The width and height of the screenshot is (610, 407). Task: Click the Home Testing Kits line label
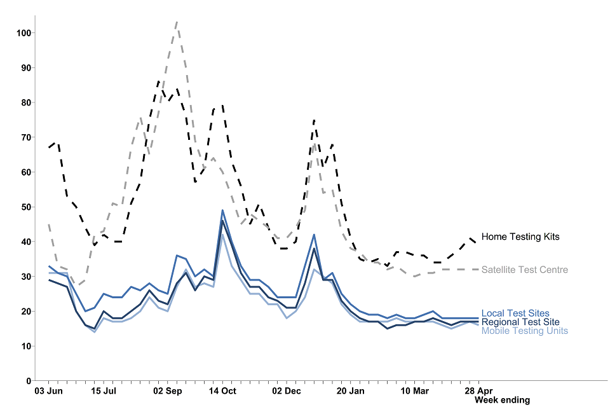click(520, 237)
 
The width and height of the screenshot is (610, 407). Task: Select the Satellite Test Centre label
click(525, 270)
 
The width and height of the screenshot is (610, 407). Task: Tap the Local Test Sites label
click(515, 313)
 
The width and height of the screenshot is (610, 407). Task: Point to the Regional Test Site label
click(520, 322)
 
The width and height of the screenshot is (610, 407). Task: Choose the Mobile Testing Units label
click(525, 331)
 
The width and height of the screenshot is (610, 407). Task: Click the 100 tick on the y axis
click(24, 33)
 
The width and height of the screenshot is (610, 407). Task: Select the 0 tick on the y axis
click(29, 381)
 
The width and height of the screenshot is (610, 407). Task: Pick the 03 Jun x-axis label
click(48, 390)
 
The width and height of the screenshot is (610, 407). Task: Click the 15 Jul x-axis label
click(104, 390)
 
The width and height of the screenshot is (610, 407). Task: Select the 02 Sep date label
click(168, 390)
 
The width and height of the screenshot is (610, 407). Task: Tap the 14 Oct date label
click(222, 390)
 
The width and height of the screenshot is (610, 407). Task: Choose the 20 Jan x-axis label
click(351, 390)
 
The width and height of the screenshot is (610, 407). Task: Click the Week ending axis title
click(502, 400)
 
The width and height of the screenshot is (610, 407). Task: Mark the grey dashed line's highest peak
click(176, 22)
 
